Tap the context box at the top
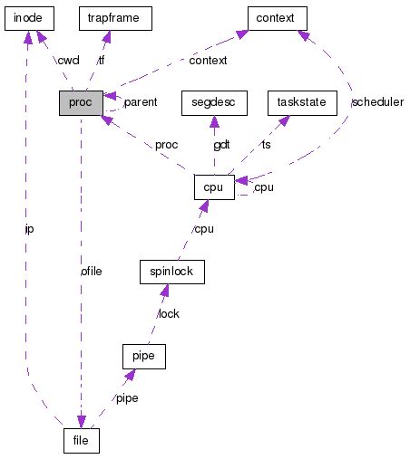278,17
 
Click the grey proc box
82,102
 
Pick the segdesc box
213,102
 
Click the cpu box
213,186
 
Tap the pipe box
142,356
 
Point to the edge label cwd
68,60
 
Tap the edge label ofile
91,271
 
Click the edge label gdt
222,145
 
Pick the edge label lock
169,313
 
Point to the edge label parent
141,102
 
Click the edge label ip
31,229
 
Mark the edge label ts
266,145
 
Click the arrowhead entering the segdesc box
213,120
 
